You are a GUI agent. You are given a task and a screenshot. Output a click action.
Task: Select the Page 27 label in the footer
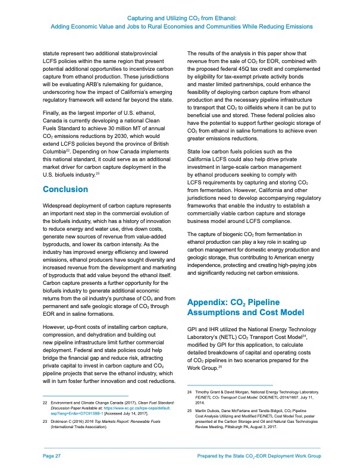click(x=52, y=456)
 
